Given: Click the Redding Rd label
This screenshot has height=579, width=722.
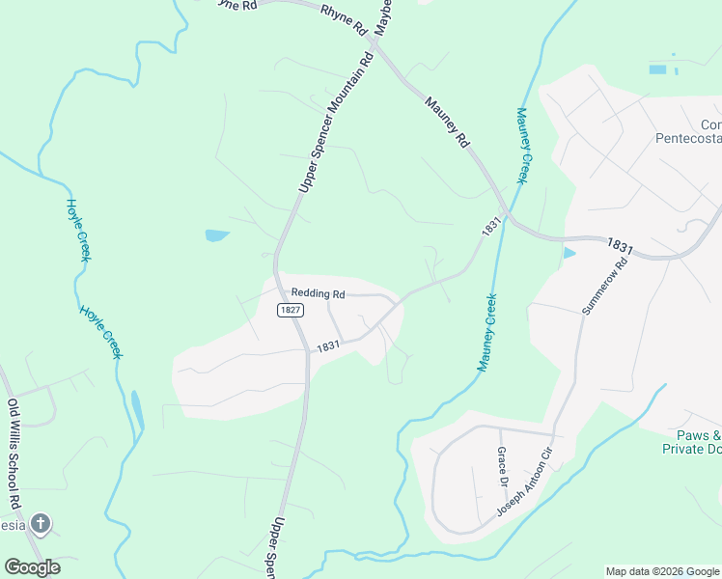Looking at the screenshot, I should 318,293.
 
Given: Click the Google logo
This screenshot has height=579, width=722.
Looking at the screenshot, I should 32,567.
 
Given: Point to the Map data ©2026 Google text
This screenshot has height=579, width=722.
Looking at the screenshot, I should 662,571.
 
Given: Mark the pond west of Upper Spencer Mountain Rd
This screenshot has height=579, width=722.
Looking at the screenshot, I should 217,235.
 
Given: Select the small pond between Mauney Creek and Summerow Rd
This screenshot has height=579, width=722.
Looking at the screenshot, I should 568,254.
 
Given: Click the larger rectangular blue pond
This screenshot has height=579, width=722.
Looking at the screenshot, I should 657,69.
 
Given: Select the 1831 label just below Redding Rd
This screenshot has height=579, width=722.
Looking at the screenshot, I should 327,345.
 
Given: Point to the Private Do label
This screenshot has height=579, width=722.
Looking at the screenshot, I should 691,450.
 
